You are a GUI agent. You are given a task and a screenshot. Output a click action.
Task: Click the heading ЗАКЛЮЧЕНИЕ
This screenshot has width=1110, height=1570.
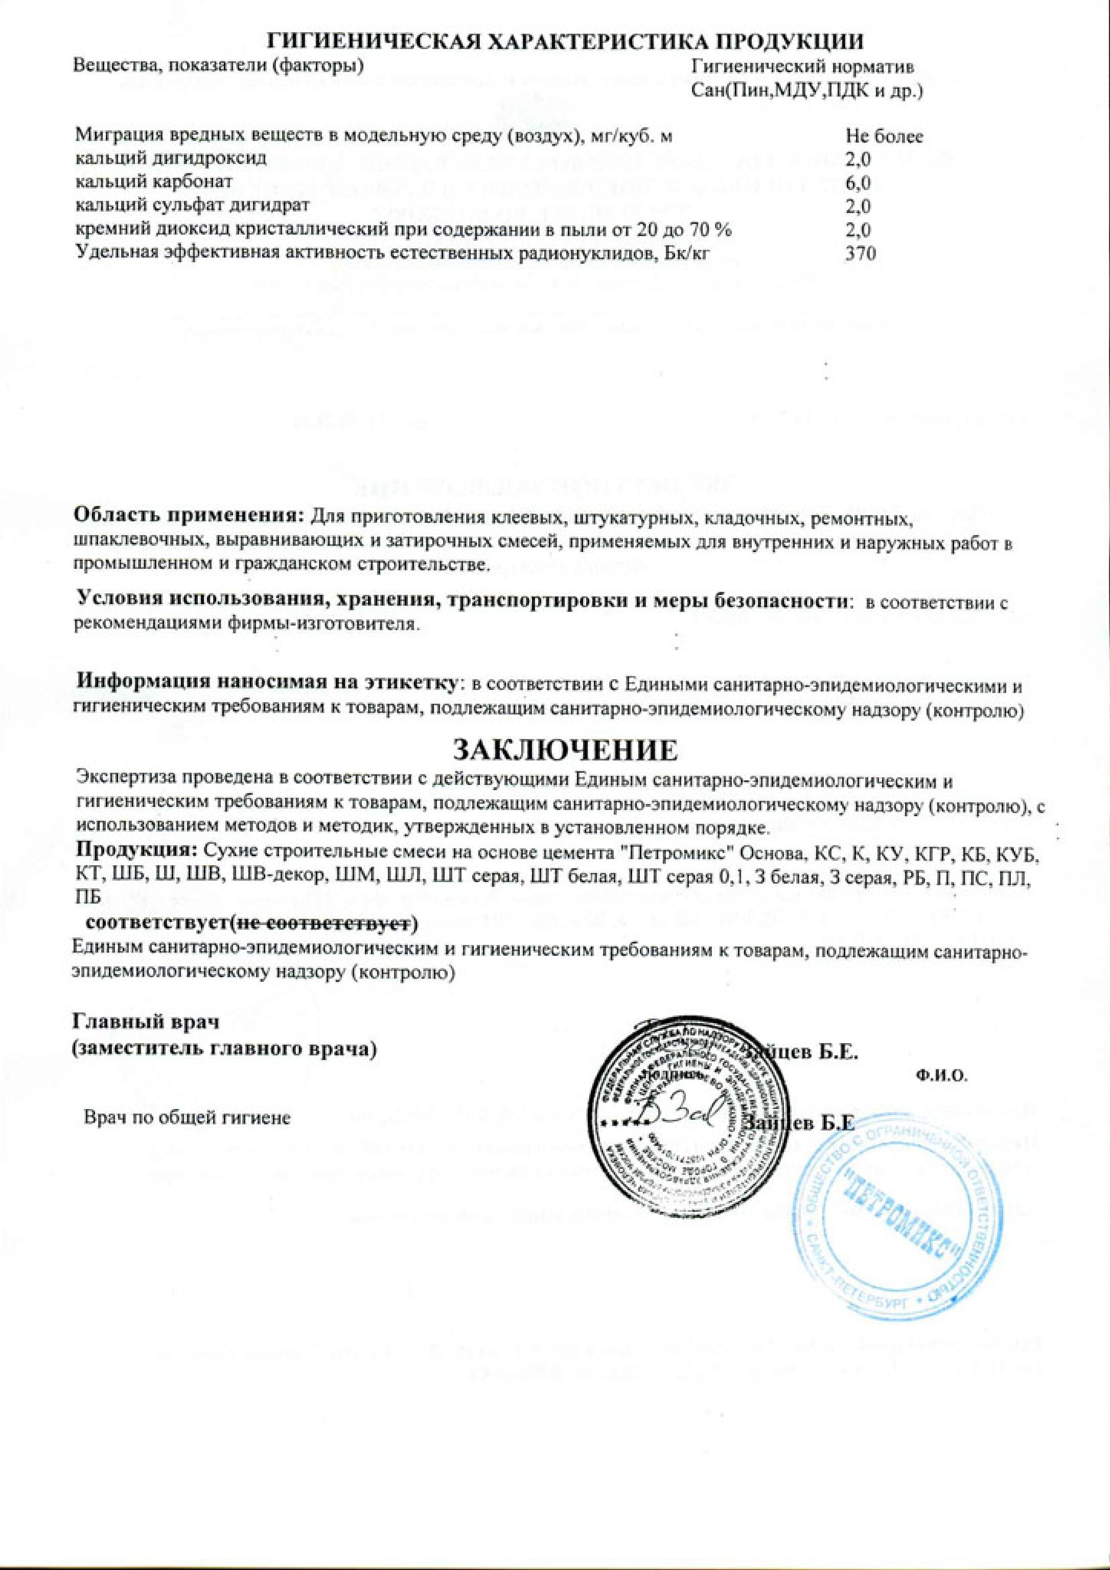coord(566,750)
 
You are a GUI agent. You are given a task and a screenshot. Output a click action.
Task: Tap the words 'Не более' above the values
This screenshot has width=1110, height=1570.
coord(884,136)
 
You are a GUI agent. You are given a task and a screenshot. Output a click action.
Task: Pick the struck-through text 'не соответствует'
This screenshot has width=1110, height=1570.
coord(322,924)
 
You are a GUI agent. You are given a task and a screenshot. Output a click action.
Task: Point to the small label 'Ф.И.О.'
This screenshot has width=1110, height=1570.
coord(940,1075)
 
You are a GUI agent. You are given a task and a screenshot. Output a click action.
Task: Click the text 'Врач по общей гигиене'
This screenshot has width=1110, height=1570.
coord(187,1117)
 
